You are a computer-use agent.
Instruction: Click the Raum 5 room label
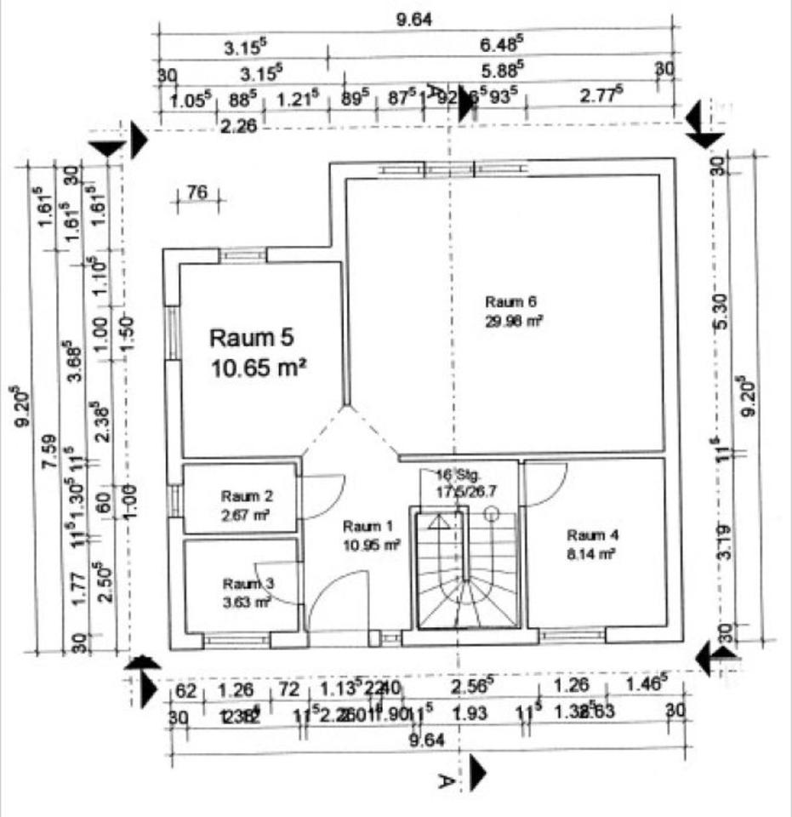(x=252, y=338)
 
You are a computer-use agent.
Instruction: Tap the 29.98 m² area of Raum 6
(x=514, y=321)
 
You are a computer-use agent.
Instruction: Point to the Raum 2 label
(x=245, y=495)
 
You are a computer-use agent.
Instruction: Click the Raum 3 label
(x=248, y=584)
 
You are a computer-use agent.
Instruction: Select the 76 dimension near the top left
(x=197, y=193)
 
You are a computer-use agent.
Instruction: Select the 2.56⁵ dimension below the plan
(x=472, y=686)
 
